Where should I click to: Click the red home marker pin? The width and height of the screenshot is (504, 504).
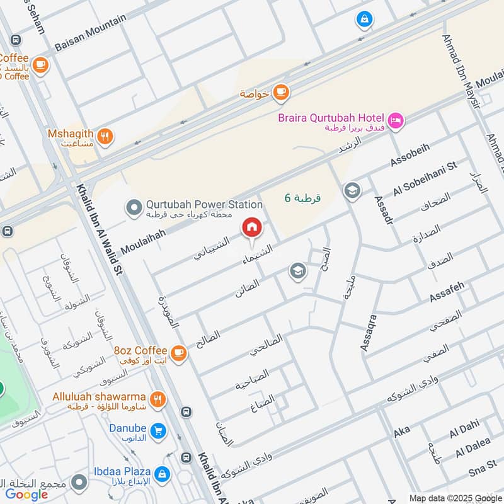coord(251,228)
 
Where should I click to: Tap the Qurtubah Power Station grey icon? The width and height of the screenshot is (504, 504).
coord(134,207)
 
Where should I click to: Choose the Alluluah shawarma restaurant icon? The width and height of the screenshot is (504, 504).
coord(157,399)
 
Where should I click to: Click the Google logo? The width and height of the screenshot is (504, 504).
coord(27,495)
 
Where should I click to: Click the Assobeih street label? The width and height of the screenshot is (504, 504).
coord(410,154)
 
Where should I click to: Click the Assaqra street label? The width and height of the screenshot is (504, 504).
coord(368,332)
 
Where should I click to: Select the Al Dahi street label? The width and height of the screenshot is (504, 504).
coord(464,428)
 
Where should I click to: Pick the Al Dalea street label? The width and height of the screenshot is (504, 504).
coord(473,448)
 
